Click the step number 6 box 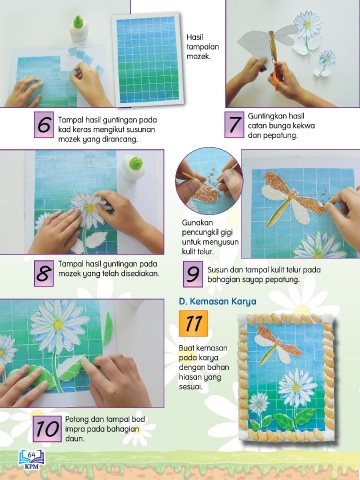tap(44, 124)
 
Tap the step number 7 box tap(234, 124)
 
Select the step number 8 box tap(44, 274)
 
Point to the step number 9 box tap(193, 274)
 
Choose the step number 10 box tap(47, 429)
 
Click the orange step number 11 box tap(193, 323)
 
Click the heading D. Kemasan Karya tap(218, 301)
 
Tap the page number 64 tap(32, 455)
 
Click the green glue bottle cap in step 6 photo tap(79, 21)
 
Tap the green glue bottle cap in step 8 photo tap(136, 163)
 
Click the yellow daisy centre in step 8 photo tap(90, 208)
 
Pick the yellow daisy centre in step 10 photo tap(58, 325)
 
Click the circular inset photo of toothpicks tap(209, 181)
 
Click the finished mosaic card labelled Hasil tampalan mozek tap(147, 59)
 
